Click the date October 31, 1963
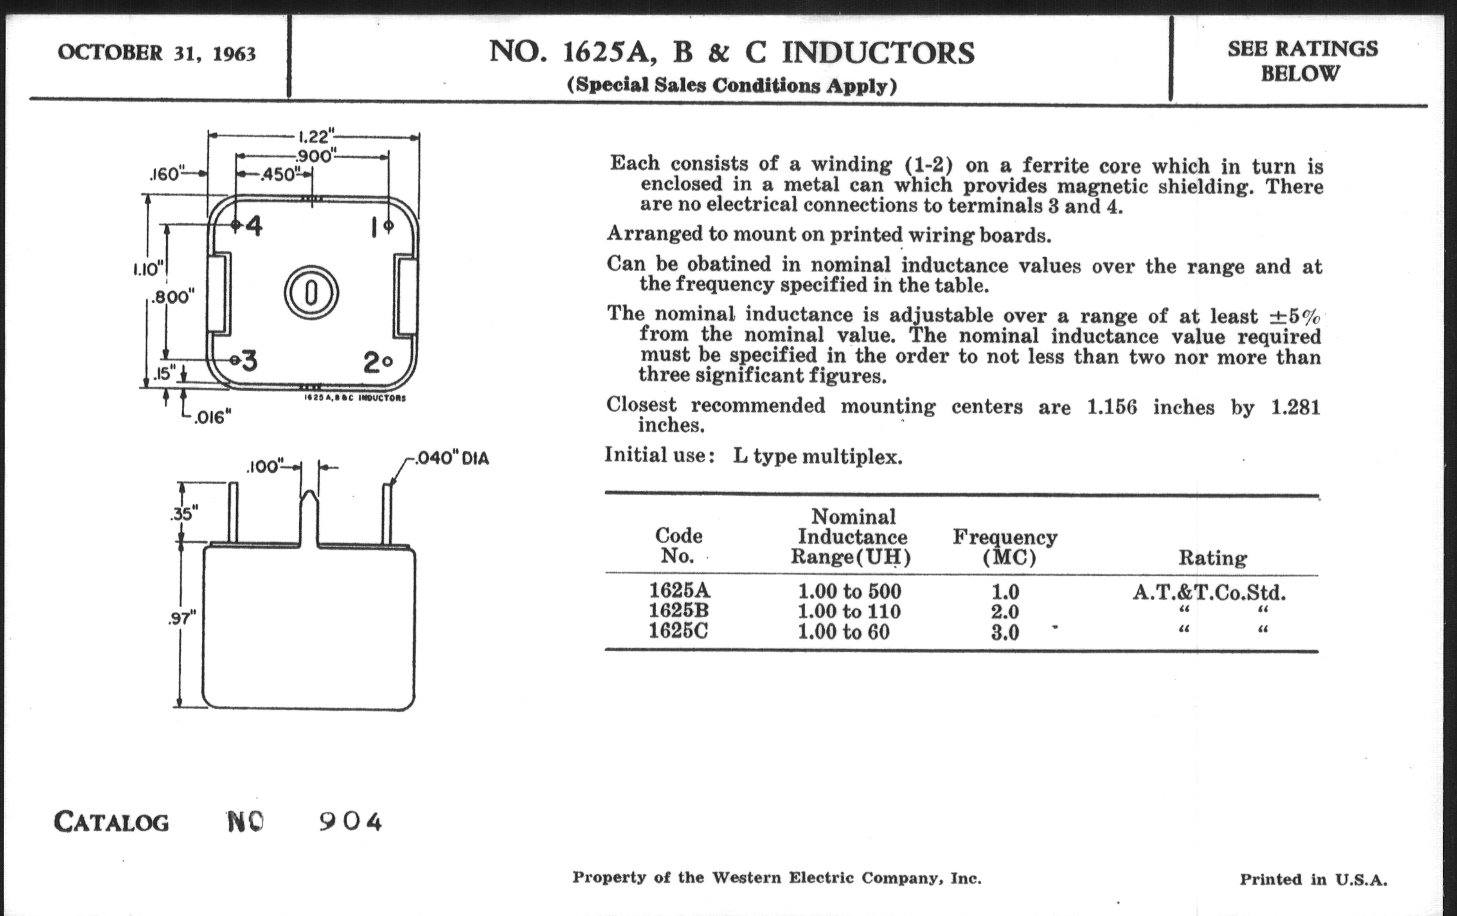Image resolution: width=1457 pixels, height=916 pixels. point(157,53)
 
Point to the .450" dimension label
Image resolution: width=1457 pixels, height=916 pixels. point(277,175)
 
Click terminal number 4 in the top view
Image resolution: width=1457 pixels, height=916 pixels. point(253,226)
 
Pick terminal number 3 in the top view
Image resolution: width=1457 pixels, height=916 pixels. point(248,361)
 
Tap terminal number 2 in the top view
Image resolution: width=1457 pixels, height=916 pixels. point(371,363)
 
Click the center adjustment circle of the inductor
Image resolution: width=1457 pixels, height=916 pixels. point(311,293)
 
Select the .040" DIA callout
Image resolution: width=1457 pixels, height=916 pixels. point(451,459)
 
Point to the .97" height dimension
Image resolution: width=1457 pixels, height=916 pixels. point(182,618)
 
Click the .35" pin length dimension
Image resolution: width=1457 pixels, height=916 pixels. point(183,514)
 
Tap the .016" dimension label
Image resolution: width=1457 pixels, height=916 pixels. point(211,417)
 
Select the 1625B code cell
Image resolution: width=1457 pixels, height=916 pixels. point(678,611)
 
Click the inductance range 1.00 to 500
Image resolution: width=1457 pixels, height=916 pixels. point(850,591)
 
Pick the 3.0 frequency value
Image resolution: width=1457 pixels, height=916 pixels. point(1005,632)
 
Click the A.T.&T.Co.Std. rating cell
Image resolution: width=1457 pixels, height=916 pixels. point(1209,592)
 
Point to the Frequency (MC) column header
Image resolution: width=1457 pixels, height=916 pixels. point(1005,547)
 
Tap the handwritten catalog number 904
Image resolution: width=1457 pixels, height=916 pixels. point(350,821)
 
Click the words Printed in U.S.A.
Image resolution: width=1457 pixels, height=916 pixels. point(1313,879)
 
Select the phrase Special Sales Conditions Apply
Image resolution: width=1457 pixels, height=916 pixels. point(731,85)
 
